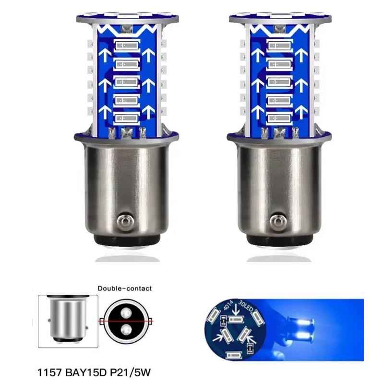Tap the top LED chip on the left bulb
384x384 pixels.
pyautogui.click(x=127, y=48)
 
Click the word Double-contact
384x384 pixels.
pyautogui.click(x=124, y=288)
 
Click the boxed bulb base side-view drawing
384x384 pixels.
pyautogui.click(x=68, y=321)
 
